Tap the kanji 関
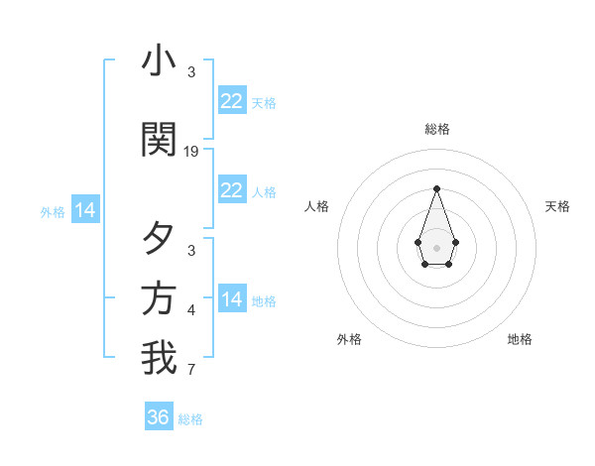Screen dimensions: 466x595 (x=159, y=140)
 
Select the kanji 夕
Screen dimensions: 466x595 (x=159, y=239)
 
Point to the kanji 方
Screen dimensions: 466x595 (x=159, y=298)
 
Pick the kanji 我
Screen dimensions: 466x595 (x=159, y=358)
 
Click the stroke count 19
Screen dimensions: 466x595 (x=191, y=152)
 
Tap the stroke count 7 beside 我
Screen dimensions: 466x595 (x=191, y=371)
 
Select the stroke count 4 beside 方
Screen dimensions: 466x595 (x=191, y=310)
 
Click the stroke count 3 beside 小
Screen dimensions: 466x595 (x=191, y=72)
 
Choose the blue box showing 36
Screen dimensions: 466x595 (x=159, y=417)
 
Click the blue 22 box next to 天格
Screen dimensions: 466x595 (x=232, y=101)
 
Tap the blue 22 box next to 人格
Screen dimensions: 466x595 (x=232, y=190)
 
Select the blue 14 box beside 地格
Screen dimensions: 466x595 (x=232, y=299)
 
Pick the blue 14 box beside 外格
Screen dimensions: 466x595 (x=84, y=210)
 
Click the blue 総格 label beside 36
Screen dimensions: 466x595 (x=190, y=419)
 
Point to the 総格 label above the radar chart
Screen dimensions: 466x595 (x=436, y=129)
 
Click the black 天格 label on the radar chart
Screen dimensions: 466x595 (x=557, y=206)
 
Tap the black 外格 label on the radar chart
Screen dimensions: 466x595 (x=349, y=339)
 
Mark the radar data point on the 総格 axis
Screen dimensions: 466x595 (x=436, y=187)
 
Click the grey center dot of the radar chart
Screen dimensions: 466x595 (x=436, y=246)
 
